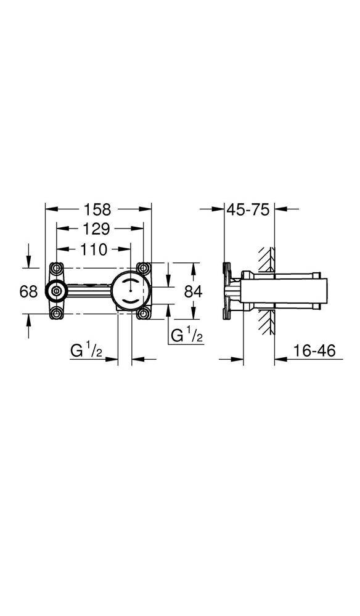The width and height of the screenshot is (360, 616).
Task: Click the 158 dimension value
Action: (x=98, y=209)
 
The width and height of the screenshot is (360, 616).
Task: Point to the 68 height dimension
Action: (x=28, y=291)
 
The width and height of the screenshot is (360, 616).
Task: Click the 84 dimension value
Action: (x=193, y=291)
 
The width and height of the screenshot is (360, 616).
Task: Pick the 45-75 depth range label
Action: (x=248, y=209)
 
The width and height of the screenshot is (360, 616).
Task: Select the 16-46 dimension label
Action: (x=314, y=351)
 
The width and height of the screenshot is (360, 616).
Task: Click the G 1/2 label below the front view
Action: (x=86, y=352)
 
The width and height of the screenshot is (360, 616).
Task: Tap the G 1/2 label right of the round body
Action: (x=186, y=336)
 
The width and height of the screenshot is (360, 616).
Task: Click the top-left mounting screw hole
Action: (x=57, y=269)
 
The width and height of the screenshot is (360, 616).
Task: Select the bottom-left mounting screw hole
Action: (x=57, y=313)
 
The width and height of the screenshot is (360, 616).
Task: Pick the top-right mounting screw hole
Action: (x=144, y=269)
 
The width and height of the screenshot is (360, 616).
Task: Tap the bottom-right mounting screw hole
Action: (x=144, y=313)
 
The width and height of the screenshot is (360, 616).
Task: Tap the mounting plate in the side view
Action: (x=226, y=290)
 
